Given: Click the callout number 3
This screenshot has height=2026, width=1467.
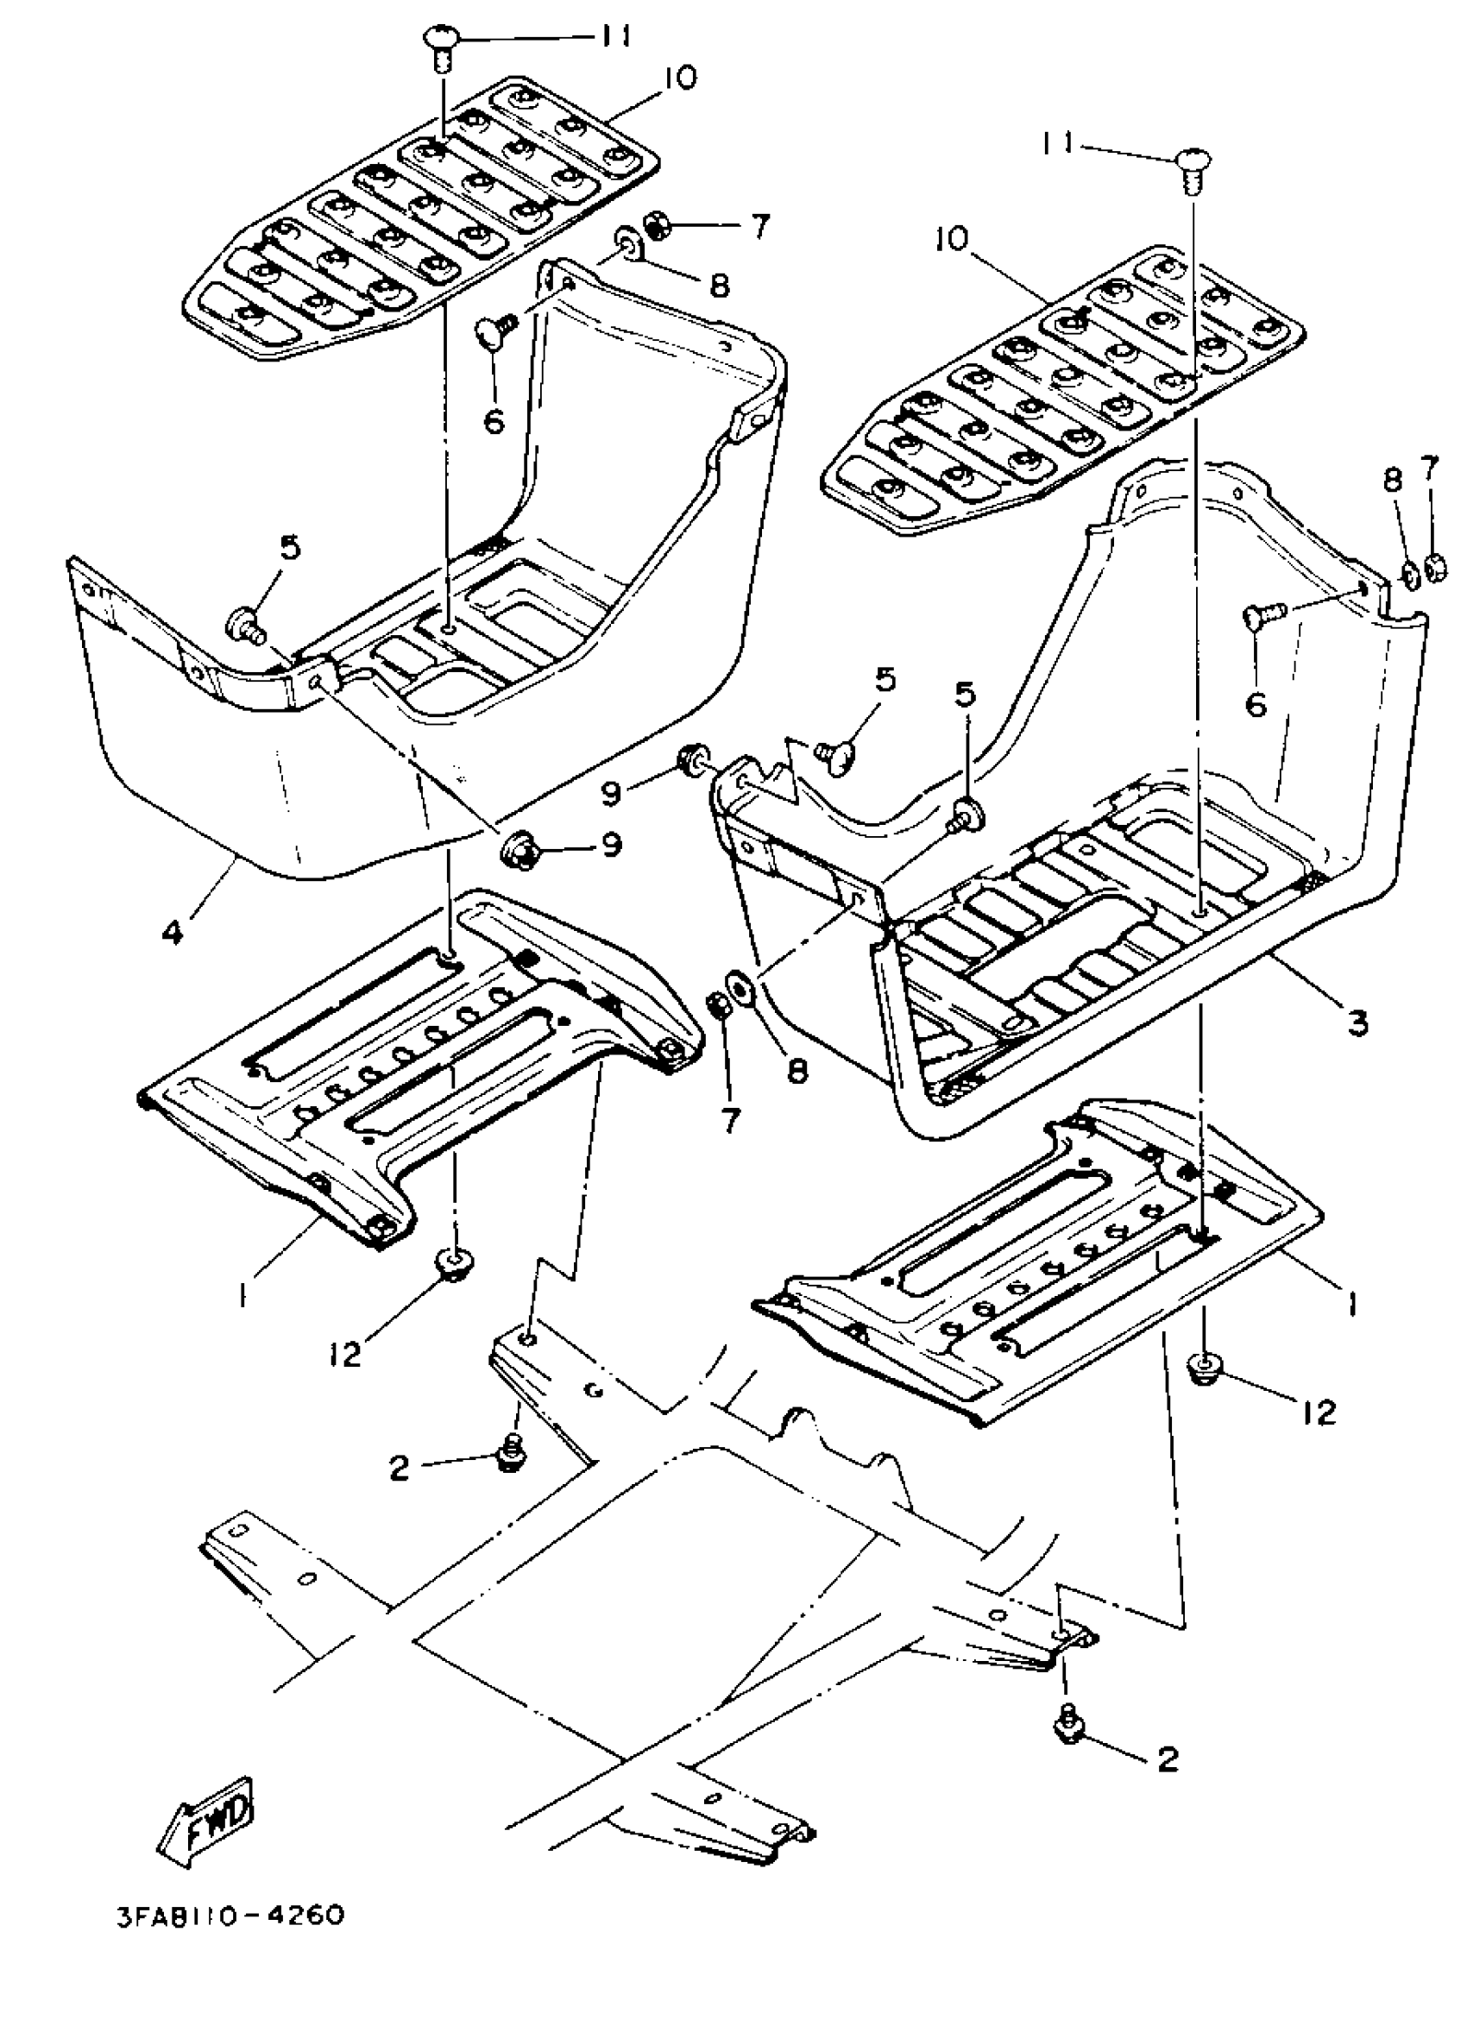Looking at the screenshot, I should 1357,1022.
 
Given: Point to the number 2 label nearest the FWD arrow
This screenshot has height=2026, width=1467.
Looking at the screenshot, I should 400,1468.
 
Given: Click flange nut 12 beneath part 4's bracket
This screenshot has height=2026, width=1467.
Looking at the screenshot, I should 454,1264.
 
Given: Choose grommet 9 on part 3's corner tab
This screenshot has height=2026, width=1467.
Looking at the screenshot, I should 691,758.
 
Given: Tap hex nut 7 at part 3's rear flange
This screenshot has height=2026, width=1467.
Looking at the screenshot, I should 1433,567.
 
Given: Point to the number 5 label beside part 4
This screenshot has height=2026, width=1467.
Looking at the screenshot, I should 289,549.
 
